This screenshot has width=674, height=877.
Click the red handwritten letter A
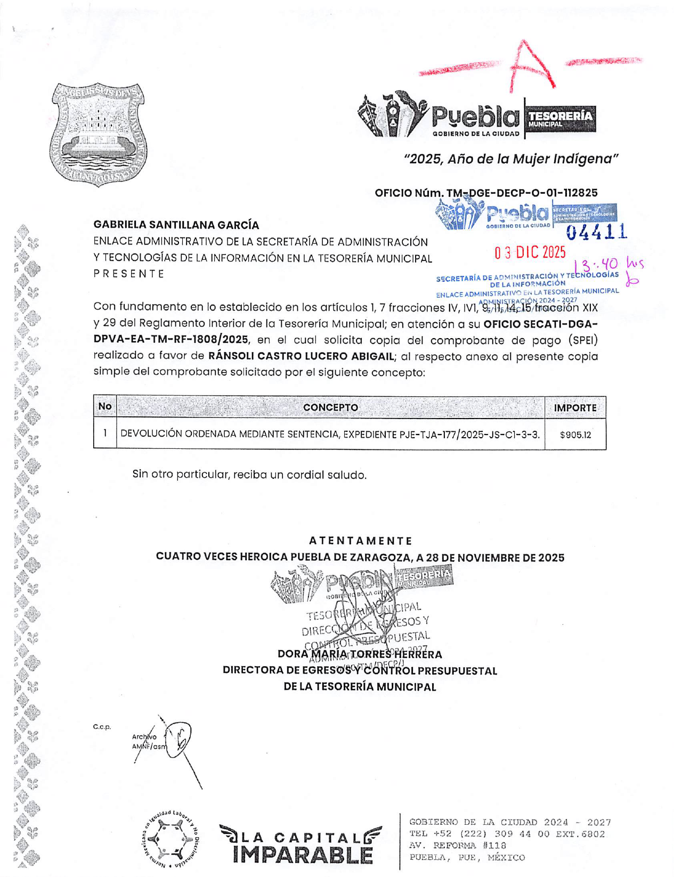tap(531, 67)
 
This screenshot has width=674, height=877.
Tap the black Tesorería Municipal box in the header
tap(560, 119)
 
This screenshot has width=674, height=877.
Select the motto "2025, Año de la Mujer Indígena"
tap(510, 159)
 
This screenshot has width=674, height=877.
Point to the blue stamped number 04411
tap(596, 232)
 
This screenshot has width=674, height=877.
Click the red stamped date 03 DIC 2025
tap(530, 252)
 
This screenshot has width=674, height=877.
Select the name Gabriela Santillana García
tap(176, 225)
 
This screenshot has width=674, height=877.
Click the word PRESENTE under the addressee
tap(129, 274)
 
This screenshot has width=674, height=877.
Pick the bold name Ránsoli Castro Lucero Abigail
tap(301, 356)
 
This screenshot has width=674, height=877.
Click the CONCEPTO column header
tap(330, 407)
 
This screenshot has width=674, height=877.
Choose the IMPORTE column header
tap(575, 408)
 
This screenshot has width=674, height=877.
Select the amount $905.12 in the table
tap(575, 435)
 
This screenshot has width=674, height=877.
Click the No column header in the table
tap(105, 407)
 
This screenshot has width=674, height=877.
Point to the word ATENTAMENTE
tap(360, 541)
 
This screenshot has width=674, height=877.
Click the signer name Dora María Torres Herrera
tap(360, 654)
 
